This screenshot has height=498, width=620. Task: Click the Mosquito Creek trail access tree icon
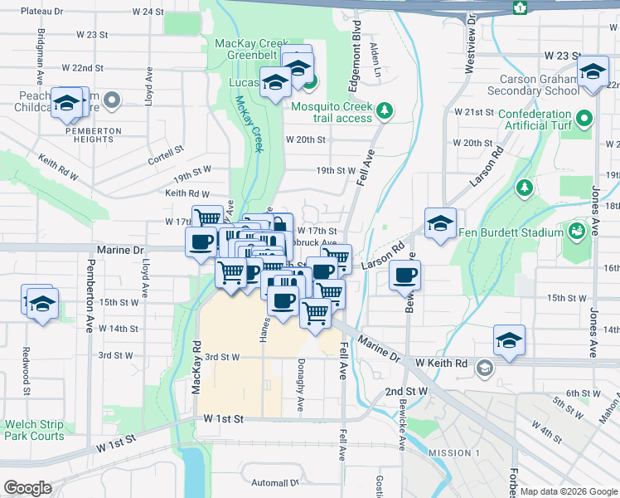point(384,110)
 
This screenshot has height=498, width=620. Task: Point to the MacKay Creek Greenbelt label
point(251,49)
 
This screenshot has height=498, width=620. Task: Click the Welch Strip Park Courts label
point(34,429)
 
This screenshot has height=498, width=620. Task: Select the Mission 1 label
point(454,453)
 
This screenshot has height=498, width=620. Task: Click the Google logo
point(27,488)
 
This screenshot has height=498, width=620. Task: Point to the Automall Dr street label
point(274,482)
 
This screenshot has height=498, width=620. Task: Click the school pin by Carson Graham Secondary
point(593,72)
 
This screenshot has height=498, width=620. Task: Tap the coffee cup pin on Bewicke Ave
point(404,276)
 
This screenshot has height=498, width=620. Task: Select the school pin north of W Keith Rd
point(509,339)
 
